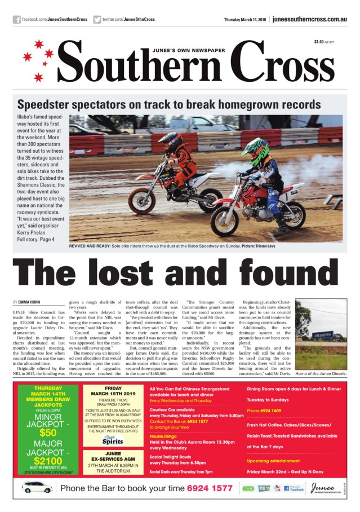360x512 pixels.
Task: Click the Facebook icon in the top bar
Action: click(17, 20)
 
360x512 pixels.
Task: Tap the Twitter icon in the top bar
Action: click(97, 20)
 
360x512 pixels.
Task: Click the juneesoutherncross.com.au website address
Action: click(309, 19)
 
